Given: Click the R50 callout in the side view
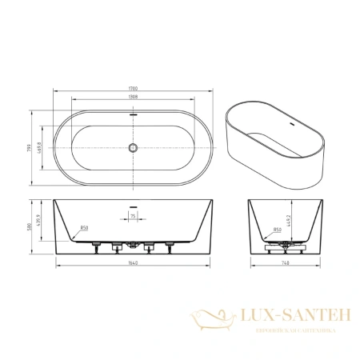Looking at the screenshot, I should (x=276, y=230).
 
